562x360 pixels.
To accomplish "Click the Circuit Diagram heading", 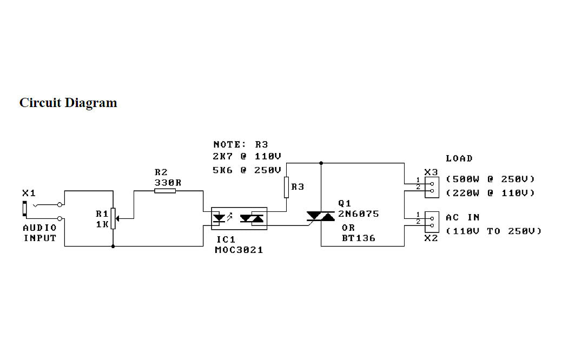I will tap(68, 103).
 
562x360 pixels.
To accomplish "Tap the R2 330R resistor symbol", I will tap(165, 191).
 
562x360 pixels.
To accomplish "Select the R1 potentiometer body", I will tap(113, 218).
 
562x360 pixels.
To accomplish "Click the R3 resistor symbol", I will tap(287, 187).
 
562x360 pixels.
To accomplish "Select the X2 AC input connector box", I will tap(431, 219).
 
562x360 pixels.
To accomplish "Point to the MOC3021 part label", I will tap(239, 250).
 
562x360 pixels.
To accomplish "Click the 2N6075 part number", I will tap(359, 214).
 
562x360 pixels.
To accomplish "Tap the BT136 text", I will tap(358, 238).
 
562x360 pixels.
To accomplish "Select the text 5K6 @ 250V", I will tap(247, 170).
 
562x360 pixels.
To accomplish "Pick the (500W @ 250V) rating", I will tap(490, 179).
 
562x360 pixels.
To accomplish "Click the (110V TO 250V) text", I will tap(493, 231).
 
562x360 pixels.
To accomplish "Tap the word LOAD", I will tap(459, 158).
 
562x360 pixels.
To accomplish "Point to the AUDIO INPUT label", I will tap(39, 233).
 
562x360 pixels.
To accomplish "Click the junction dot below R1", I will tap(113, 246).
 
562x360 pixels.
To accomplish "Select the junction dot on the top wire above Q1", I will tap(321, 162).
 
